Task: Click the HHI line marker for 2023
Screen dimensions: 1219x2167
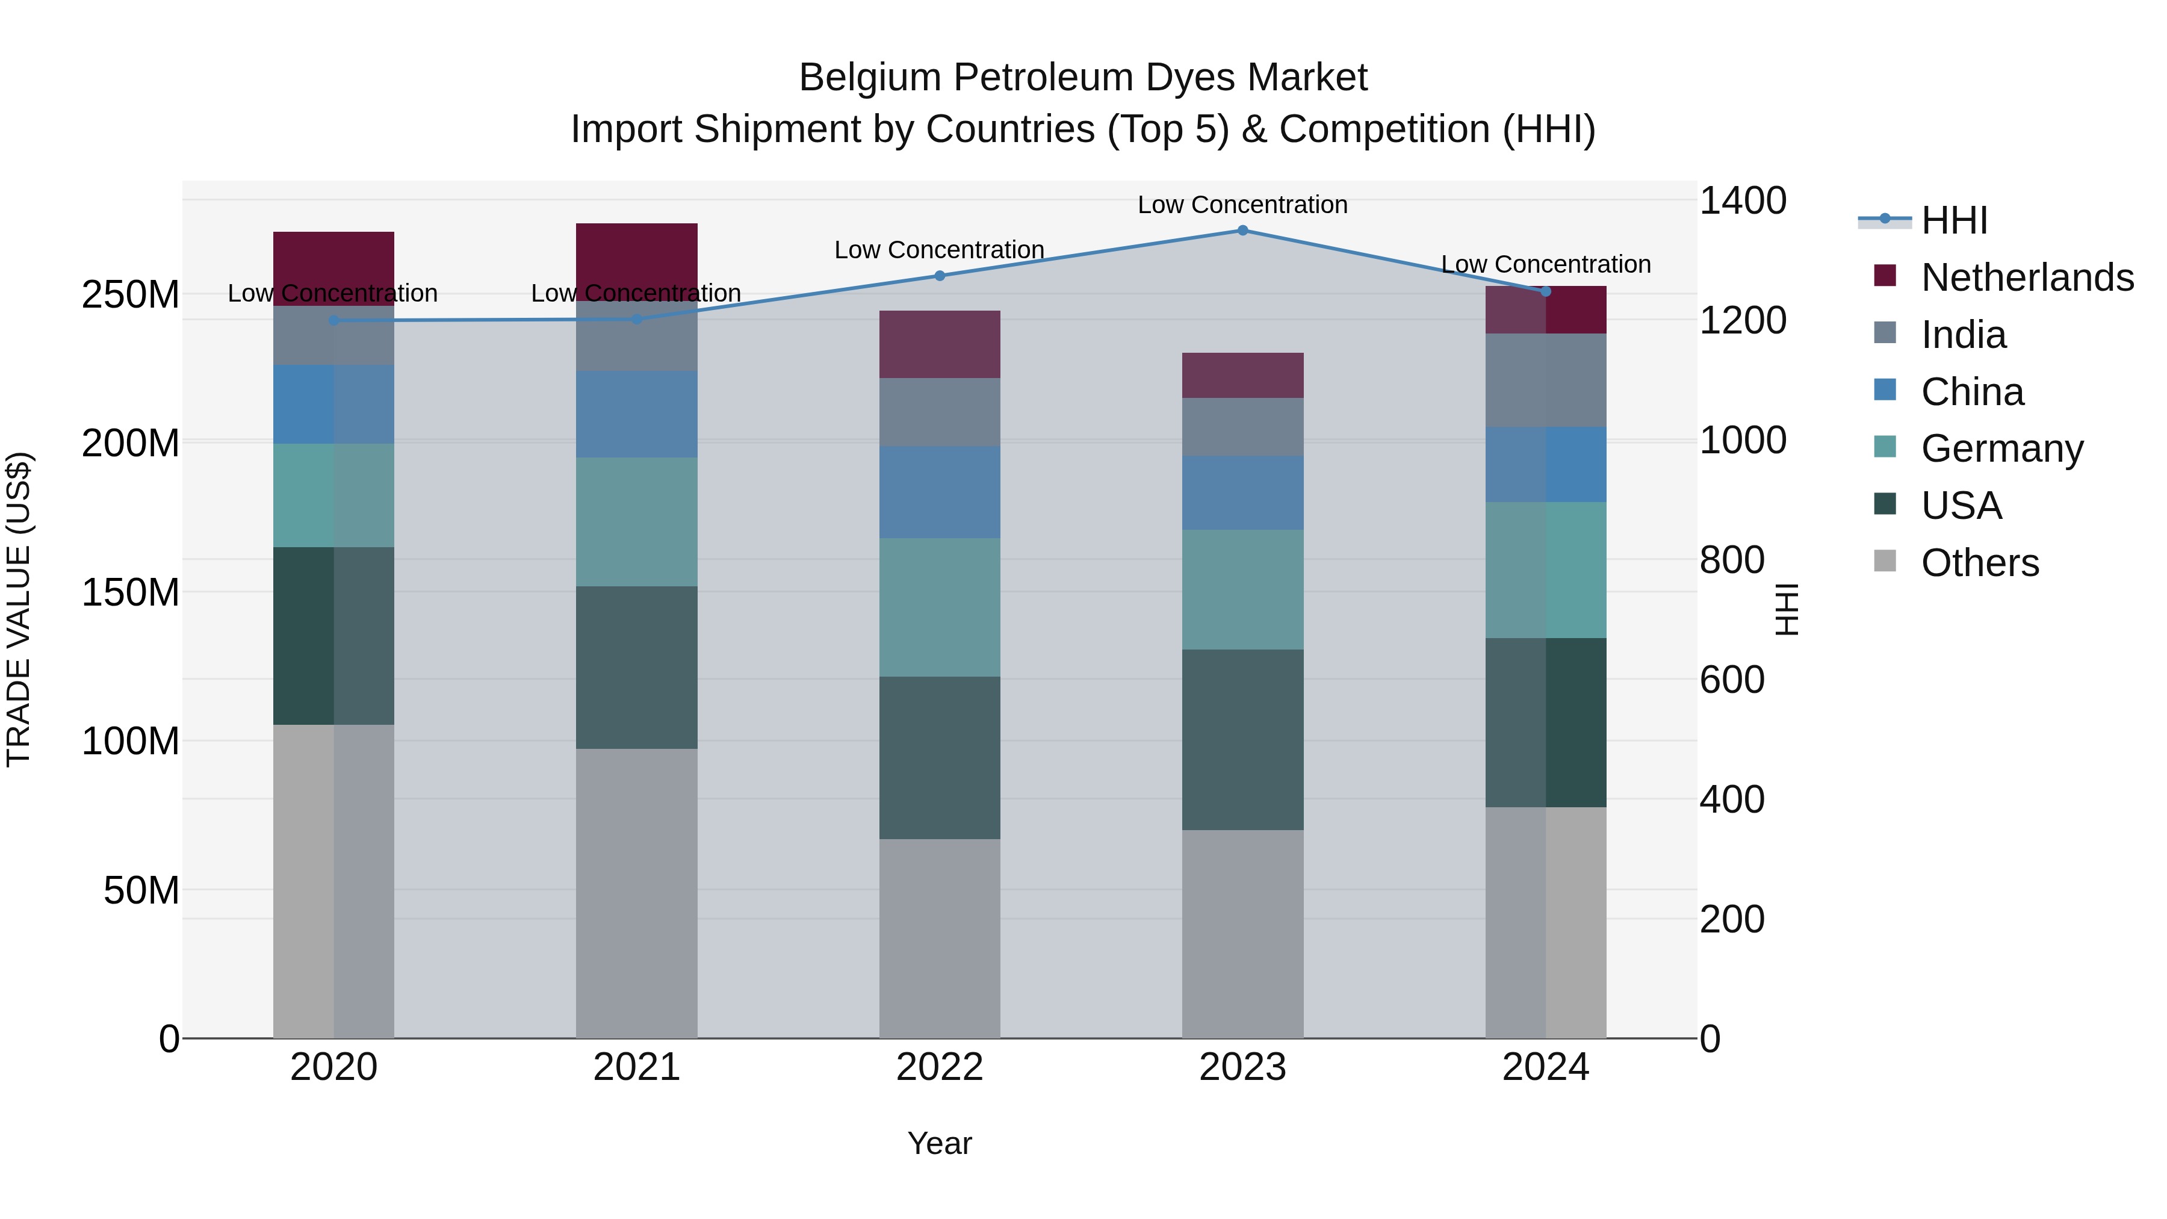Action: pyautogui.click(x=1242, y=231)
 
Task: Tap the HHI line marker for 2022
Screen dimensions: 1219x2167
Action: pyautogui.click(x=940, y=276)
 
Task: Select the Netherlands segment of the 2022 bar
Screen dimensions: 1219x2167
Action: pyautogui.click(x=940, y=344)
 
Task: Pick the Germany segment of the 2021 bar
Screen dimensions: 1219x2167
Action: pyautogui.click(x=637, y=521)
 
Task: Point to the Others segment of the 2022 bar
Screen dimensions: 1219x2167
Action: pyautogui.click(x=940, y=938)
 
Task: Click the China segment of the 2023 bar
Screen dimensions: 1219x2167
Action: pyautogui.click(x=1242, y=493)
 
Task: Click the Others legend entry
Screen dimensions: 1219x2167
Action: pyautogui.click(x=1979, y=563)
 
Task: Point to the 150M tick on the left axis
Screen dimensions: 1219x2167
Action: pyautogui.click(x=131, y=592)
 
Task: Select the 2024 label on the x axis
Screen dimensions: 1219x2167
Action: pyautogui.click(x=1545, y=1067)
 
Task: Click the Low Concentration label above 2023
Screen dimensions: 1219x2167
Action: pyautogui.click(x=1242, y=205)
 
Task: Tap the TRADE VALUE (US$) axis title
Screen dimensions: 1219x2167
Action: pyautogui.click(x=19, y=609)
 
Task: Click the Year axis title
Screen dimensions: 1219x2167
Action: pyautogui.click(x=940, y=1143)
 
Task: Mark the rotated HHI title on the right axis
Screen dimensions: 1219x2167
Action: pyautogui.click(x=1786, y=609)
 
